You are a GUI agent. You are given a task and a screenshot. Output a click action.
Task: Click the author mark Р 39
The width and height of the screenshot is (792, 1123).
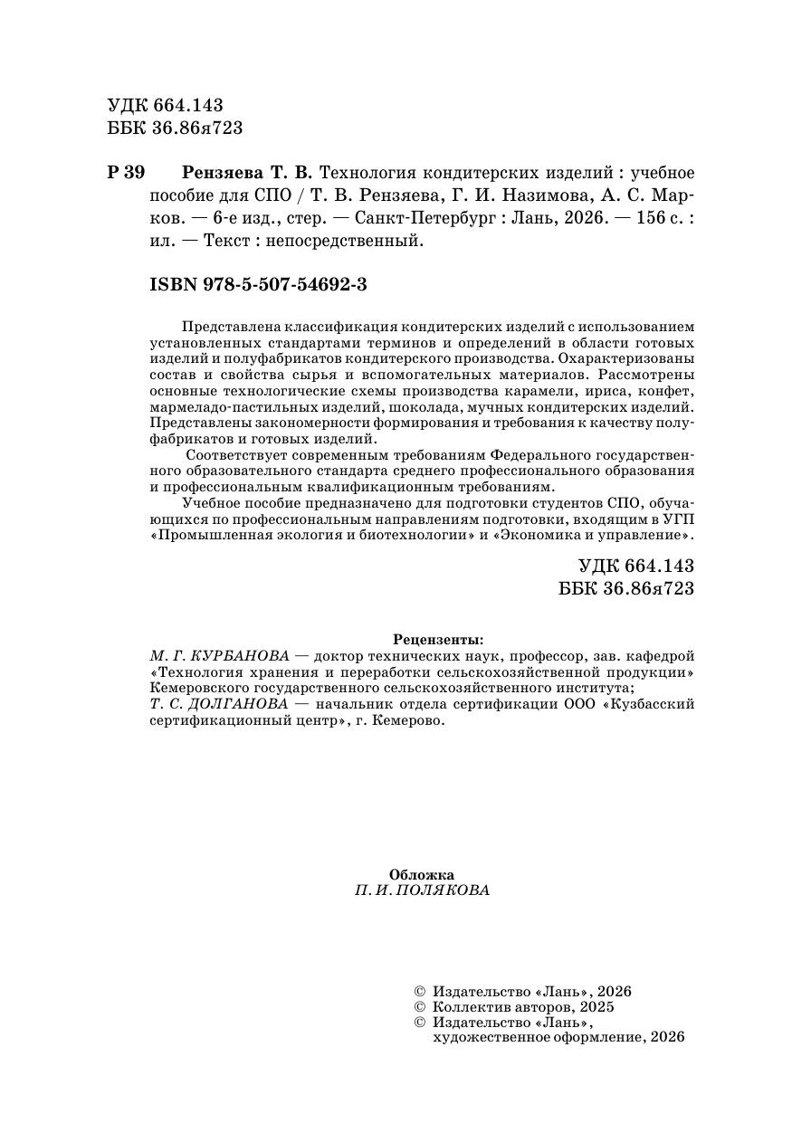126,173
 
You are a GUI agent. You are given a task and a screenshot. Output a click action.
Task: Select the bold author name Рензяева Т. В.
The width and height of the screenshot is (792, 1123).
246,173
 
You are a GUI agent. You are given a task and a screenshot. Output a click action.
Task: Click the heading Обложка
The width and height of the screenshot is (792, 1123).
421,874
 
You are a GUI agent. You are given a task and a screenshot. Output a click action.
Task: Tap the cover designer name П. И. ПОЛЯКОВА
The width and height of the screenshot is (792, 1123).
422,890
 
